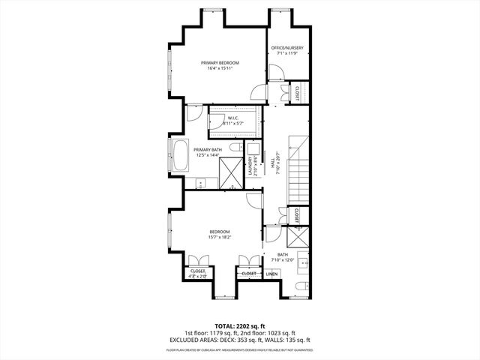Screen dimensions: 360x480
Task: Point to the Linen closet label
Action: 271,274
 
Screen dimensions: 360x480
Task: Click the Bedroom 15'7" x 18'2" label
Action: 219,234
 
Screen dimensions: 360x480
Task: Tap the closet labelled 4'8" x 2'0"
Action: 198,273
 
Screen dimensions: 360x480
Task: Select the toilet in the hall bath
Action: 301,286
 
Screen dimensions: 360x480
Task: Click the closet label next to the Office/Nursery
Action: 298,92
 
